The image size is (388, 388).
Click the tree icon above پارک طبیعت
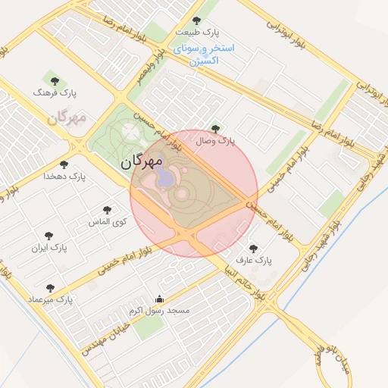click(x=197, y=20)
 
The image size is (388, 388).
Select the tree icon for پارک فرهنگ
click(x=52, y=79)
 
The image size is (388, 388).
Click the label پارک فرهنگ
click(x=56, y=92)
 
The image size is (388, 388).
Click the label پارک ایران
click(x=50, y=248)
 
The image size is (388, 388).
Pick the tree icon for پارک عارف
click(x=252, y=247)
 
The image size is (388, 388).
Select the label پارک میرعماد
click(x=50, y=300)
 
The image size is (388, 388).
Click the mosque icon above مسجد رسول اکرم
click(x=158, y=299)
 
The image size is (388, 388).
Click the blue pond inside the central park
click(x=164, y=178)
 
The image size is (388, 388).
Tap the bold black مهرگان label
click(x=142, y=161)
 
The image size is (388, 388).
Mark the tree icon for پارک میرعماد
click(x=50, y=288)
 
